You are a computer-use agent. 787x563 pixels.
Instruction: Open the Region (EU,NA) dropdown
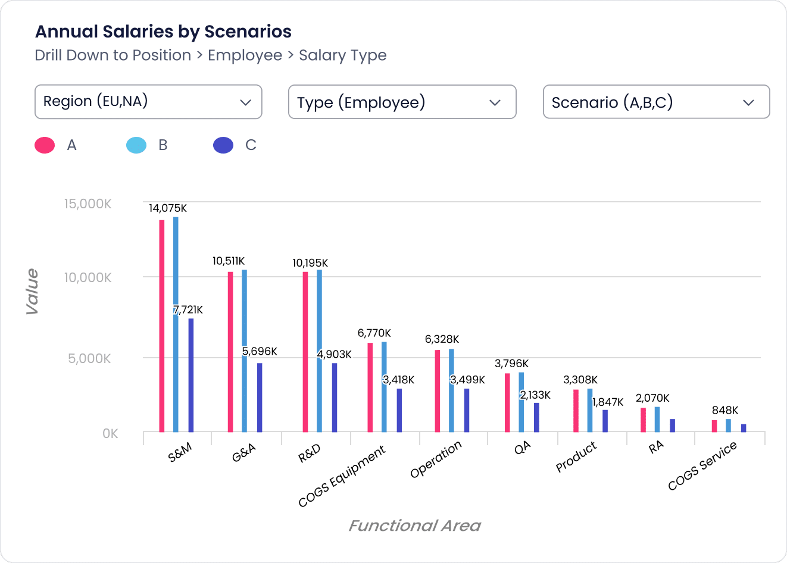point(148,102)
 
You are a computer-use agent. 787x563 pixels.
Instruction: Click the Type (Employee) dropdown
point(402,102)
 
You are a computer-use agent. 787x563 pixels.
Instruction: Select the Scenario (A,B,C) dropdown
point(656,102)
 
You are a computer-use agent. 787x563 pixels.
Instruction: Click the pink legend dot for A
point(45,145)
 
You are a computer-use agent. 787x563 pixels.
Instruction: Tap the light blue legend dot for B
point(136,145)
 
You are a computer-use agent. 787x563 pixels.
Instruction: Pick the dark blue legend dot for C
point(223,145)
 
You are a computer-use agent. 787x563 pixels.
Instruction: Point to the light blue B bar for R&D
point(320,351)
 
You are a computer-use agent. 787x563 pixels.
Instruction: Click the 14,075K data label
point(168,208)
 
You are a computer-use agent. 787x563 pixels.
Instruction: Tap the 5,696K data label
point(260,351)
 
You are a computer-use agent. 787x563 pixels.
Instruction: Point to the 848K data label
point(725,410)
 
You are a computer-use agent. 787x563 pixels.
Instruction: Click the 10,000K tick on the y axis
point(88,277)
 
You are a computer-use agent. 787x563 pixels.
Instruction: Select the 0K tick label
point(110,433)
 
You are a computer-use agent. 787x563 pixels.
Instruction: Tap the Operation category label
point(436,459)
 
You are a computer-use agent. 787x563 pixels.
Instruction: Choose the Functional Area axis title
point(414,526)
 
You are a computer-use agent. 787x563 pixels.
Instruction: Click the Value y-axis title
point(32,292)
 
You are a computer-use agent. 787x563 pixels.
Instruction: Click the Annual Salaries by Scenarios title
point(163,32)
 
